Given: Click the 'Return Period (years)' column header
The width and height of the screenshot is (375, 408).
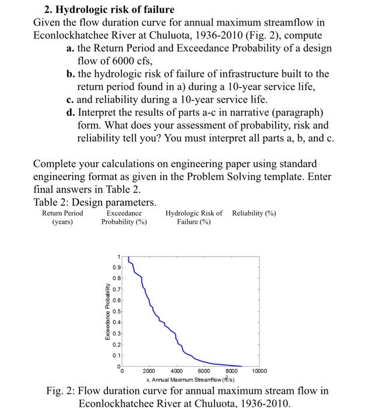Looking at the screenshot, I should tap(62, 217).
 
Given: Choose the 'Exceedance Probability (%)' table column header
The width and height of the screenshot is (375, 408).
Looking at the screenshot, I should tap(124, 217).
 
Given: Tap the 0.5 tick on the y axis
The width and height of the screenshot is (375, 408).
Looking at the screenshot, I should tap(117, 311).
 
